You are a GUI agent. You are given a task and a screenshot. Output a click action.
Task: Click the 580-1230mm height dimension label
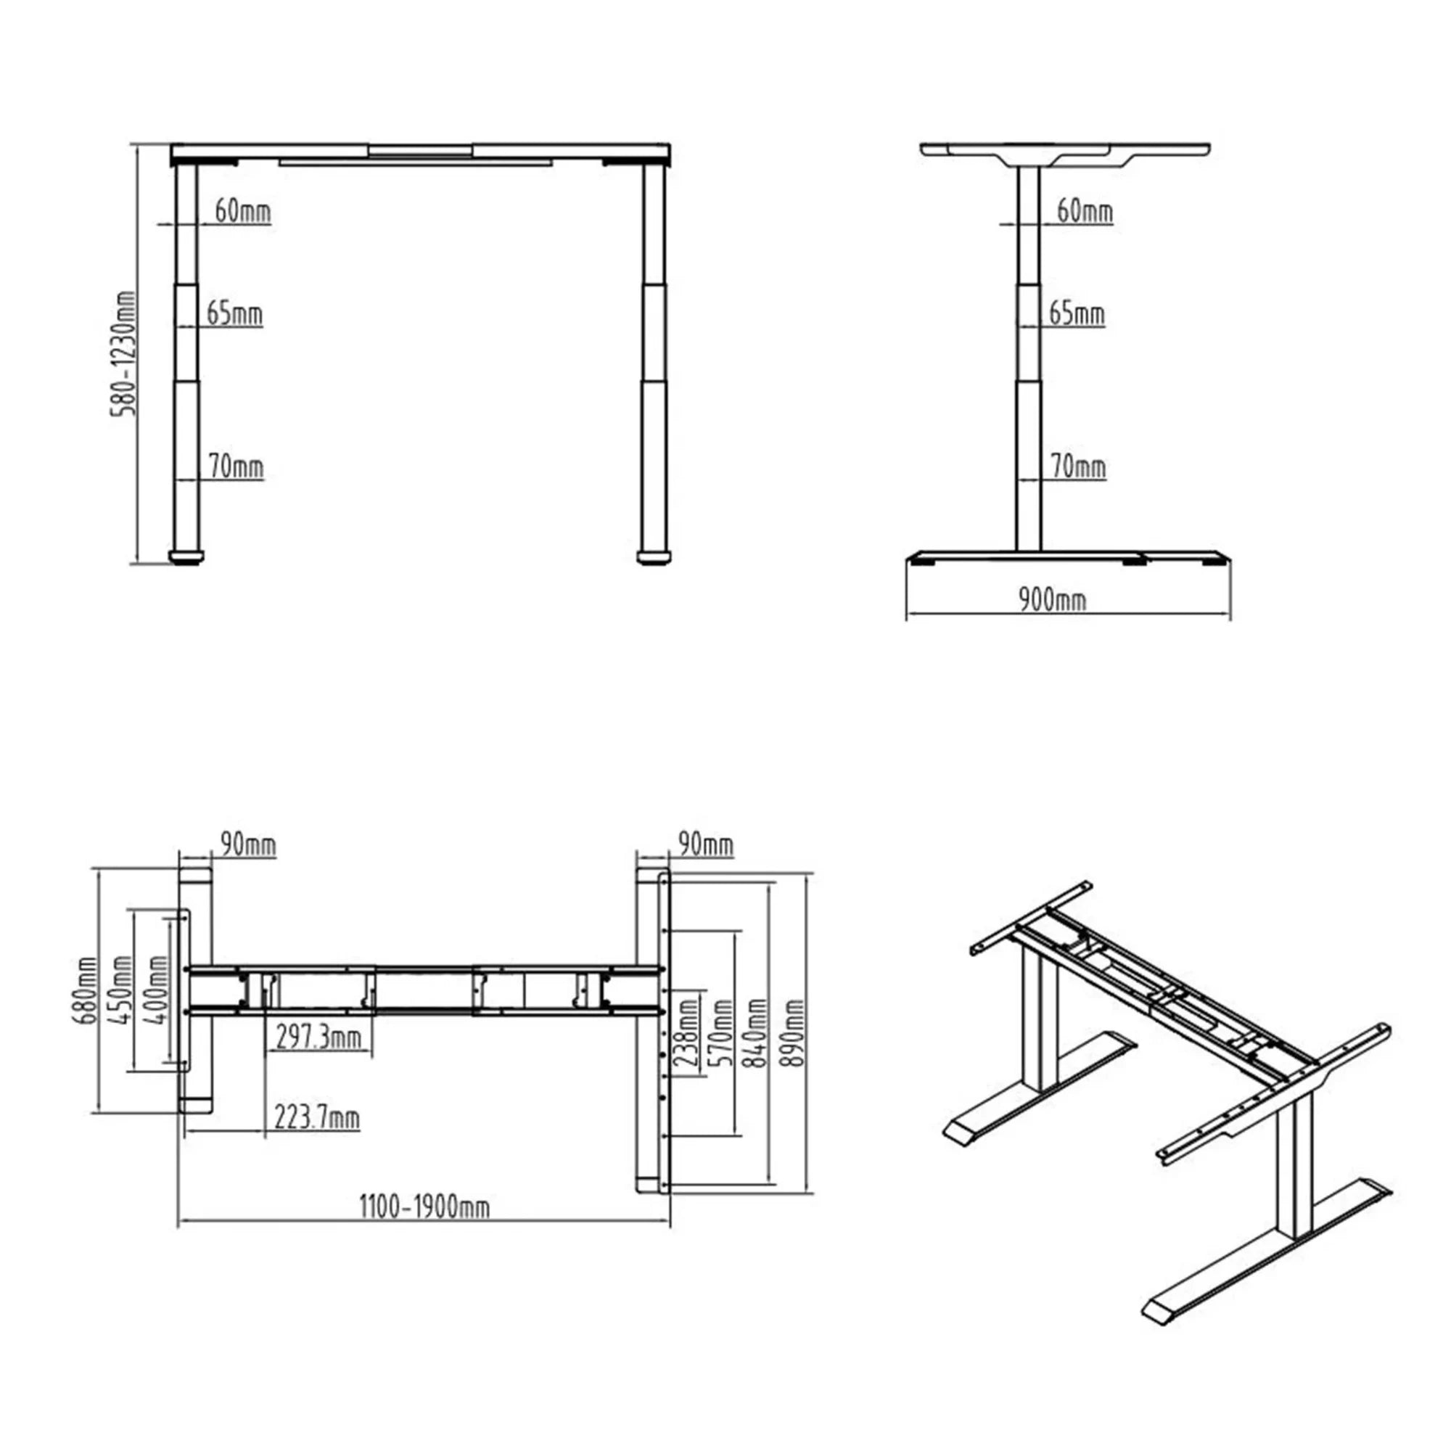(123, 354)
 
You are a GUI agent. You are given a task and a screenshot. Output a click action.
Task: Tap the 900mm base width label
(1052, 600)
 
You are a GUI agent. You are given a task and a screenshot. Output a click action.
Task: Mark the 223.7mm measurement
(316, 1117)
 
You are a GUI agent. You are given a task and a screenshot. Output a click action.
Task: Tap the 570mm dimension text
(722, 1032)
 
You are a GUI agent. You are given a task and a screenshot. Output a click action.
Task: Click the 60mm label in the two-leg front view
(242, 212)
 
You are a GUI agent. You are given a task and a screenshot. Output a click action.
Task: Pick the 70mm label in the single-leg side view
(1079, 466)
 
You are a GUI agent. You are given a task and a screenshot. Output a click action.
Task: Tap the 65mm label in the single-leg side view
(1077, 313)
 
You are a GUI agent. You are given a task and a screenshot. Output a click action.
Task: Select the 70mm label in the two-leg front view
(237, 466)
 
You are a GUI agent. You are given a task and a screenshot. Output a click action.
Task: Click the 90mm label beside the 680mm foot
(249, 845)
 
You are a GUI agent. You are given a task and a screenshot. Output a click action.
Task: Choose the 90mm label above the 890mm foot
(705, 844)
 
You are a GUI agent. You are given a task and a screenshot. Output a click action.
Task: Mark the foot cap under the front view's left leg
(186, 557)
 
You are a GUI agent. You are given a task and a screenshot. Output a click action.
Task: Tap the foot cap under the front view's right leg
(654, 557)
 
